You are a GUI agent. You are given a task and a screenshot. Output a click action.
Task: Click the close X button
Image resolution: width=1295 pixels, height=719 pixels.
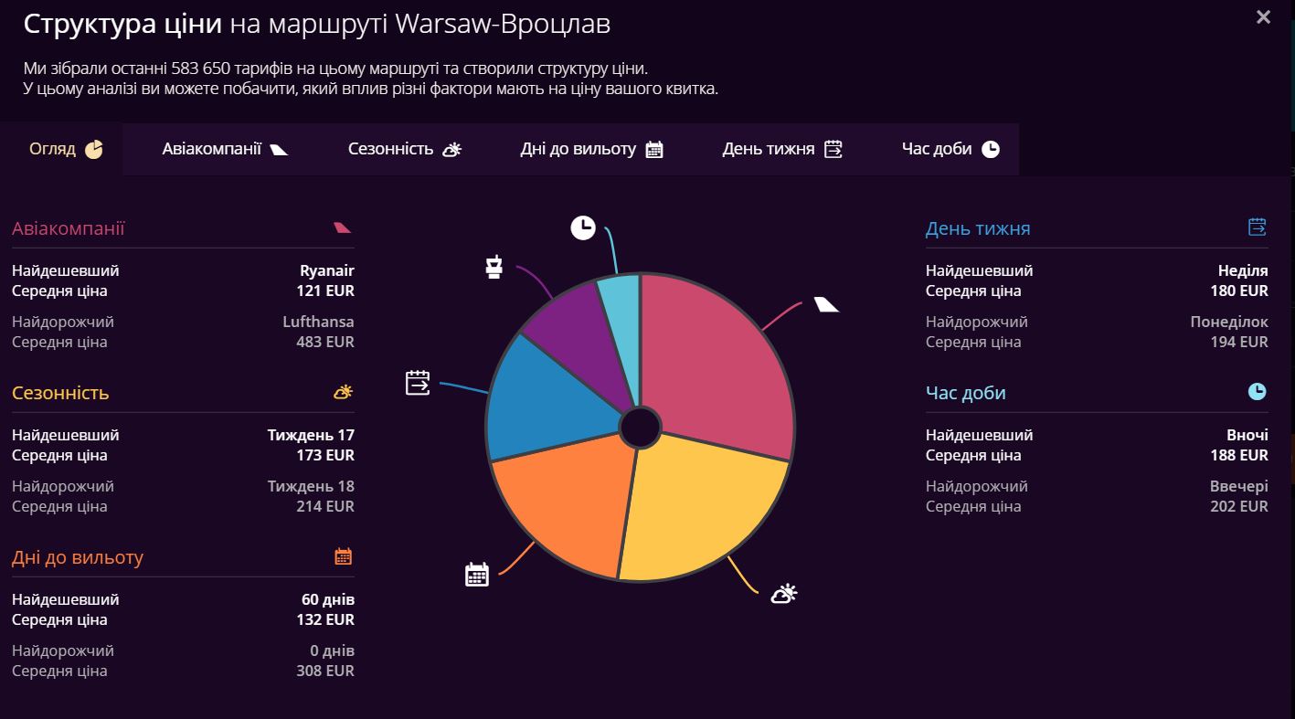click(x=1263, y=17)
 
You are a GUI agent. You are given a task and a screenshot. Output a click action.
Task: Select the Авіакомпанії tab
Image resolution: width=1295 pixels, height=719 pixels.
click(x=225, y=149)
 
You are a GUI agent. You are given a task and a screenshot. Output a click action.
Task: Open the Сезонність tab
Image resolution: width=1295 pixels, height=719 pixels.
click(x=404, y=149)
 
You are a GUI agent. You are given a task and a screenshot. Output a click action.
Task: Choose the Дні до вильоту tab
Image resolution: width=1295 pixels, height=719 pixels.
click(x=591, y=149)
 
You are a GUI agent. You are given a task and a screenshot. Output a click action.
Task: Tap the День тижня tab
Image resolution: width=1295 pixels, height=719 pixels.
click(x=781, y=149)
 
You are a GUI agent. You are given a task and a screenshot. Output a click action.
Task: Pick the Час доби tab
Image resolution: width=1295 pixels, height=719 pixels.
click(x=950, y=149)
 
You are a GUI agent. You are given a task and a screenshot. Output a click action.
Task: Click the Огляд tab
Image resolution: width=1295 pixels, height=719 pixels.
click(x=66, y=149)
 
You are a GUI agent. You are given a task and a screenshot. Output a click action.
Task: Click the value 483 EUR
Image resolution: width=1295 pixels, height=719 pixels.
click(x=325, y=343)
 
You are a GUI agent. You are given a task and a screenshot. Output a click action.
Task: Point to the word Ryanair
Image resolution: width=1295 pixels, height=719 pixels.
click(x=326, y=271)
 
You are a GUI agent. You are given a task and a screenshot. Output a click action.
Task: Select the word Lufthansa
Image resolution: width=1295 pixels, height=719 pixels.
click(x=318, y=322)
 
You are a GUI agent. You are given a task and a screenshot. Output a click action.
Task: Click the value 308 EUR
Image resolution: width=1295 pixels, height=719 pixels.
click(x=325, y=671)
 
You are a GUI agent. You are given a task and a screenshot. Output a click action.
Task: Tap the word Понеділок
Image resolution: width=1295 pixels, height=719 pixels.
click(x=1228, y=322)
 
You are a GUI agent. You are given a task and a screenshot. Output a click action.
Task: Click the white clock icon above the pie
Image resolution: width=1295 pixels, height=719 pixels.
click(x=583, y=227)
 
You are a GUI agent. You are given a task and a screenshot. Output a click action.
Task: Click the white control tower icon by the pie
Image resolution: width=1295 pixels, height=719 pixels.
click(x=494, y=267)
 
